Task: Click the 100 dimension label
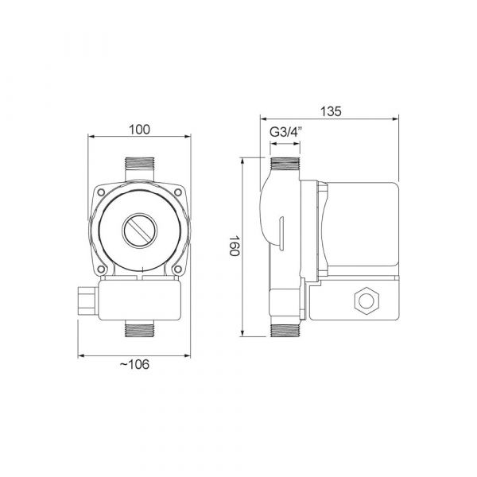(139, 129)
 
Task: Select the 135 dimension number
(332, 113)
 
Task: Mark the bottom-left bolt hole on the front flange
(104, 268)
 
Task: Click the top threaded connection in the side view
(284, 167)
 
